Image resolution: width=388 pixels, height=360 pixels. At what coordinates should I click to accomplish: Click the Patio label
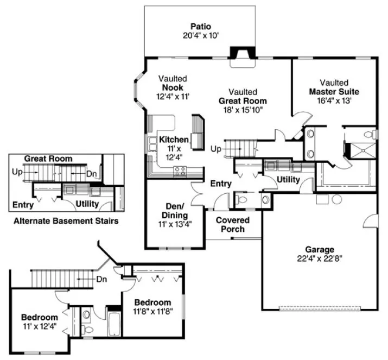[200, 26]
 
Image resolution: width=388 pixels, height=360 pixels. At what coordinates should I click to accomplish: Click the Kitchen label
[174, 140]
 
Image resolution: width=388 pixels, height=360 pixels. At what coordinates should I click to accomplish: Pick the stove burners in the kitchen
[180, 172]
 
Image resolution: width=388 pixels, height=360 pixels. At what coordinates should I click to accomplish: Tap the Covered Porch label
[233, 224]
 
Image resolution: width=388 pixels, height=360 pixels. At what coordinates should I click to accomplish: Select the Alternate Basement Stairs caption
[66, 221]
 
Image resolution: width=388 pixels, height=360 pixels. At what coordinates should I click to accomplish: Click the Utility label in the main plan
[288, 179]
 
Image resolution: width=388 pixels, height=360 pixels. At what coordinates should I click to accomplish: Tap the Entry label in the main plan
[221, 184]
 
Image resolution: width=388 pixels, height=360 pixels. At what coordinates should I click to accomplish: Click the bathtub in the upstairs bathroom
[114, 323]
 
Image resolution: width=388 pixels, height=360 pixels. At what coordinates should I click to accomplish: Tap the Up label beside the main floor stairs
[216, 148]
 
